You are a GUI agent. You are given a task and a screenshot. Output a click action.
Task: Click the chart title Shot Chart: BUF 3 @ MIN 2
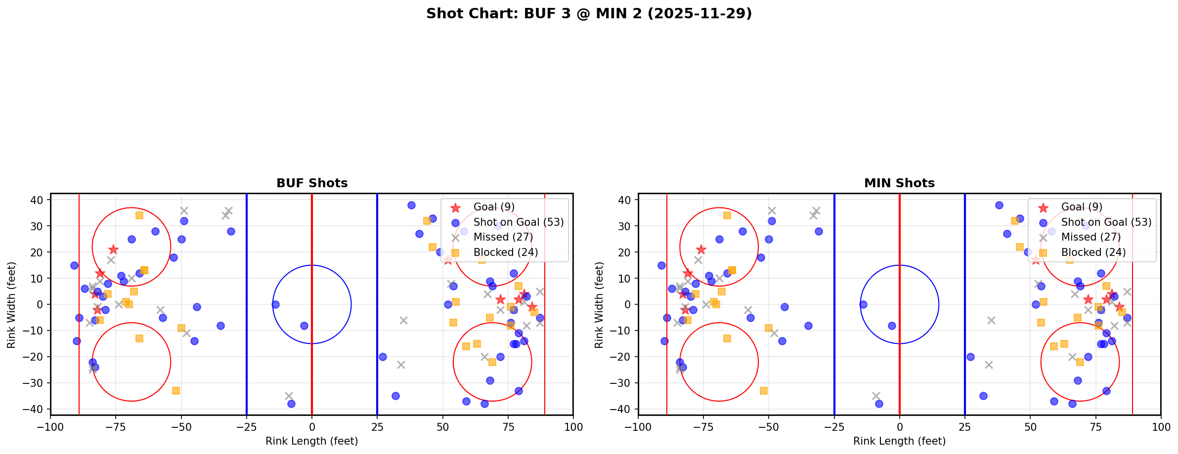[x=589, y=13]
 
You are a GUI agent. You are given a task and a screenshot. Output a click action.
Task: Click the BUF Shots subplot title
[x=312, y=183]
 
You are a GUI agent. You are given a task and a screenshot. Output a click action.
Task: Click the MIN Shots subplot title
[x=899, y=183]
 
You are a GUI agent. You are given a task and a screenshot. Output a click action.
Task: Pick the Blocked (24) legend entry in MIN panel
[x=1093, y=252]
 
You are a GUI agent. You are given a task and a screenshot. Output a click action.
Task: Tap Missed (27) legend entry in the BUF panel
[x=503, y=237]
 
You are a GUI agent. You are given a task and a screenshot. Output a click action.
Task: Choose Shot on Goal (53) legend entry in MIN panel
[x=1106, y=222]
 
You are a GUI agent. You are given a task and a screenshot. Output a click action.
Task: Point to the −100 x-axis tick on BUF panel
[x=50, y=427]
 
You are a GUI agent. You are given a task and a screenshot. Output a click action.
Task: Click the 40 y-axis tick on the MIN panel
[x=625, y=200]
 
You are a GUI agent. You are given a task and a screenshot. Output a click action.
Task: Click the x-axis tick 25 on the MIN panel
[x=964, y=427]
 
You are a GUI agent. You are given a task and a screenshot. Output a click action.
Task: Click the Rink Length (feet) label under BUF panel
[x=312, y=441]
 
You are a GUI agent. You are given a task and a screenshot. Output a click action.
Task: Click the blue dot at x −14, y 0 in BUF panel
[x=275, y=304]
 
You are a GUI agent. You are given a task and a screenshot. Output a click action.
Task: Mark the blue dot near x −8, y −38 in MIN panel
[x=879, y=404]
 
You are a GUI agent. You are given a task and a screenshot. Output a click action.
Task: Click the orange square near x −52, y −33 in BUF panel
[x=176, y=391]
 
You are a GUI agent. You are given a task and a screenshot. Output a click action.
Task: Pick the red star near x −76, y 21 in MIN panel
[x=701, y=249]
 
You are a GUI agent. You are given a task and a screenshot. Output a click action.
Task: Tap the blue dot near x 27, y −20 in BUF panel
[x=383, y=357]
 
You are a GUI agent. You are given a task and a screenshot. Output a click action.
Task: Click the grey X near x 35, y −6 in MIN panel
[x=991, y=320]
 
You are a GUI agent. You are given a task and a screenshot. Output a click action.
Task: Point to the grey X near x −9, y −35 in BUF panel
[x=289, y=396]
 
